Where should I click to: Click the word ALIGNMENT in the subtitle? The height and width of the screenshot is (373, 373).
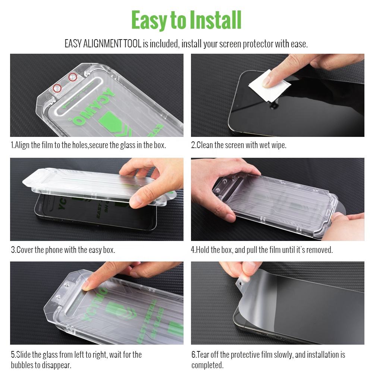pos(102,44)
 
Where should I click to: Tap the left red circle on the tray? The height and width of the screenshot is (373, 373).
pos(57,88)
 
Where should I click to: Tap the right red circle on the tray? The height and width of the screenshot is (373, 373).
pos(73,77)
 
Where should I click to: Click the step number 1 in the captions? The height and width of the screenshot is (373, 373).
pos(12,145)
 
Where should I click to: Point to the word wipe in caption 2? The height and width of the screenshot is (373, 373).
pos(278,145)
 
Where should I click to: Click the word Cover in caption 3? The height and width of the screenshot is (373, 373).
pos(25,250)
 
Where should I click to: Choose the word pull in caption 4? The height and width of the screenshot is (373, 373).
pos(252,250)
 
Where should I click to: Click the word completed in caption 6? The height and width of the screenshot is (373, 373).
pos(207,365)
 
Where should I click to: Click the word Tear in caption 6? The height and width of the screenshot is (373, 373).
pos(204,354)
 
